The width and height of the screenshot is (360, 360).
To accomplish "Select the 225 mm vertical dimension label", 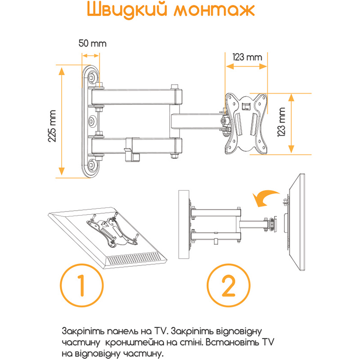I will pyautogui.click(x=53, y=126).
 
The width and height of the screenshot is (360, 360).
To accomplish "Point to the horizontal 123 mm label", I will pyautogui.click(x=247, y=57).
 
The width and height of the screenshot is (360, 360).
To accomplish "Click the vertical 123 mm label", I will pyautogui.click(x=283, y=125).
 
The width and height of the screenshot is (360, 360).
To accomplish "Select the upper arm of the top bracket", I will pyautogui.click(x=135, y=96).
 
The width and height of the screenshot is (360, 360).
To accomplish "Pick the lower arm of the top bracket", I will pyautogui.click(x=135, y=145).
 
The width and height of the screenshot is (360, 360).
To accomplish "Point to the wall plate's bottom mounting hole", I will pyautogui.click(x=92, y=166).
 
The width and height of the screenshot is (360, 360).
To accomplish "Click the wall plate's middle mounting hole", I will pyautogui.click(x=92, y=121).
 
